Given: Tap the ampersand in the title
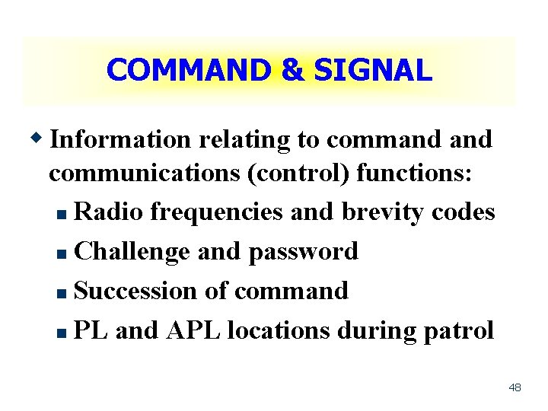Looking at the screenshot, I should pos(292,71).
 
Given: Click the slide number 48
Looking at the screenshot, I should pos(515,388).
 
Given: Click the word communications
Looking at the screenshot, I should pos(145,174).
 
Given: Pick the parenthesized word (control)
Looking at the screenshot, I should pos(298,174).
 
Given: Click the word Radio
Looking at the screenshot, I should pos(109,212).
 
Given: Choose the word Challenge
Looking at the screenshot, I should pos(133,252).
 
